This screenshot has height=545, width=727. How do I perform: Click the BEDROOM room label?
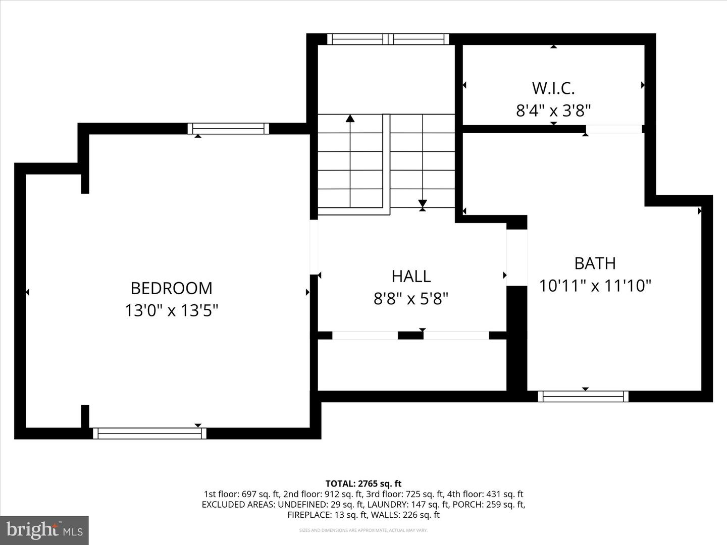[x=171, y=288]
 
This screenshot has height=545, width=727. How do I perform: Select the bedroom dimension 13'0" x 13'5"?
[x=171, y=310]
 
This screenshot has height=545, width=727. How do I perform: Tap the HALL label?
[x=411, y=276]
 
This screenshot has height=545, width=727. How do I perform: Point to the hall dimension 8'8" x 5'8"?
[x=411, y=299]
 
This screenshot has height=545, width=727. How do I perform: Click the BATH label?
[x=595, y=263]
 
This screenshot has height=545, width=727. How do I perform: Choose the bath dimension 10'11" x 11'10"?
[x=595, y=286]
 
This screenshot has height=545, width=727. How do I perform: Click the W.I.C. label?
[x=553, y=88]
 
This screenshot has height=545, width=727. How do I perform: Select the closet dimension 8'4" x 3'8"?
[x=553, y=111]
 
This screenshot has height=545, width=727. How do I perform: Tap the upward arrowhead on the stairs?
[x=350, y=119]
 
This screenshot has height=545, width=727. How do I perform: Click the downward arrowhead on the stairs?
[x=423, y=204]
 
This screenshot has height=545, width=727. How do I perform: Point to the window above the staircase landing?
[x=388, y=39]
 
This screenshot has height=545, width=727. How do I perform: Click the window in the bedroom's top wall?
[x=228, y=129]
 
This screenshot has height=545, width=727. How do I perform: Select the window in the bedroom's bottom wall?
[x=149, y=433]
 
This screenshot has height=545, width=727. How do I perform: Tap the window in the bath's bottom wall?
[x=583, y=396]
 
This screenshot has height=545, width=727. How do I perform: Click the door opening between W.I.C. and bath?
[x=613, y=129]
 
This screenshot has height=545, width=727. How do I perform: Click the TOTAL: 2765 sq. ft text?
[x=363, y=484]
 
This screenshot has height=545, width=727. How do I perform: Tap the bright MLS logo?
[x=44, y=530]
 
